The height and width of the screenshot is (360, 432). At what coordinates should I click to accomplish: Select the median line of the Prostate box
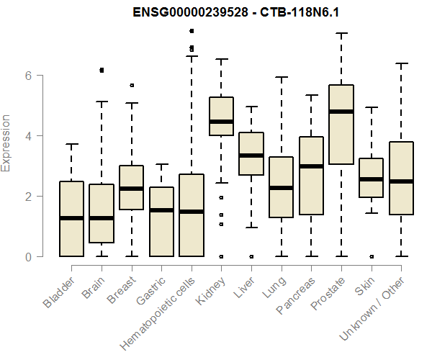[x=341, y=112]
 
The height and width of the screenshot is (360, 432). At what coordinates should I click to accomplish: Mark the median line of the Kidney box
[x=221, y=122]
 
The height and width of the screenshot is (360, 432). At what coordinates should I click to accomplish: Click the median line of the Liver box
[x=251, y=155]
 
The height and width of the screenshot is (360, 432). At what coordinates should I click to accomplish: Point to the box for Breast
[x=131, y=187]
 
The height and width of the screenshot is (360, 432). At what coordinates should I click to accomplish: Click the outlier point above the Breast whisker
[x=132, y=85]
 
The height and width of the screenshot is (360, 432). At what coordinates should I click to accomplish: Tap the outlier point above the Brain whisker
[x=102, y=70]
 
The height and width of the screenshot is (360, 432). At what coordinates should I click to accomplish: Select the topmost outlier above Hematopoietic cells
[x=191, y=31]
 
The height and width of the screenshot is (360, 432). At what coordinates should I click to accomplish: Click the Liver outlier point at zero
[x=251, y=256]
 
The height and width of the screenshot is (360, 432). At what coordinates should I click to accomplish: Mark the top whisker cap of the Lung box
[x=281, y=77]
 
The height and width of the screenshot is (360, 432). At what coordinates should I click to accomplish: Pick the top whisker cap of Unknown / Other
[x=400, y=63]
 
